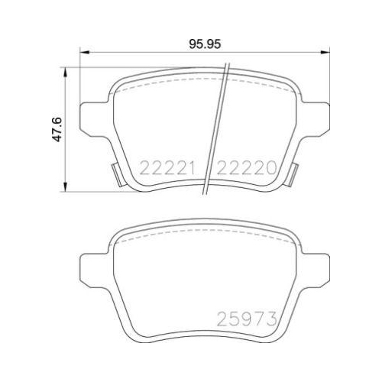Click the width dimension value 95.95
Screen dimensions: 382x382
pos(205,44)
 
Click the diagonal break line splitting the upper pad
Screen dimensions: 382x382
pos(219,126)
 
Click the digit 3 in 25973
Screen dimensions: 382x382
pos(270,317)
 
